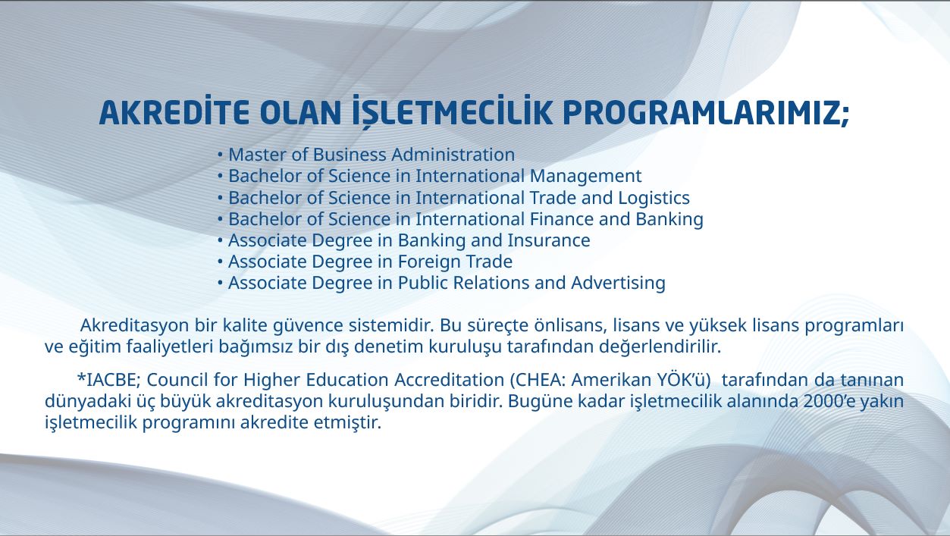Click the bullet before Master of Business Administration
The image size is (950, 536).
[220, 155]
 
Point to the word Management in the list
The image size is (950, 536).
[585, 177]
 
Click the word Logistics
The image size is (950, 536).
[654, 198]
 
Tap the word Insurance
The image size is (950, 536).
[549, 240]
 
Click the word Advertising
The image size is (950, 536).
[619, 284]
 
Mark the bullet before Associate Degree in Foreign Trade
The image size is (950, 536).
[220, 262]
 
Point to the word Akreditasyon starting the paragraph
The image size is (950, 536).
[134, 326]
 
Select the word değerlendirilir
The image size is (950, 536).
[660, 347]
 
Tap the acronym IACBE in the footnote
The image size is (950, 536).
[112, 380]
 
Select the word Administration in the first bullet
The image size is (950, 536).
[453, 155]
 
